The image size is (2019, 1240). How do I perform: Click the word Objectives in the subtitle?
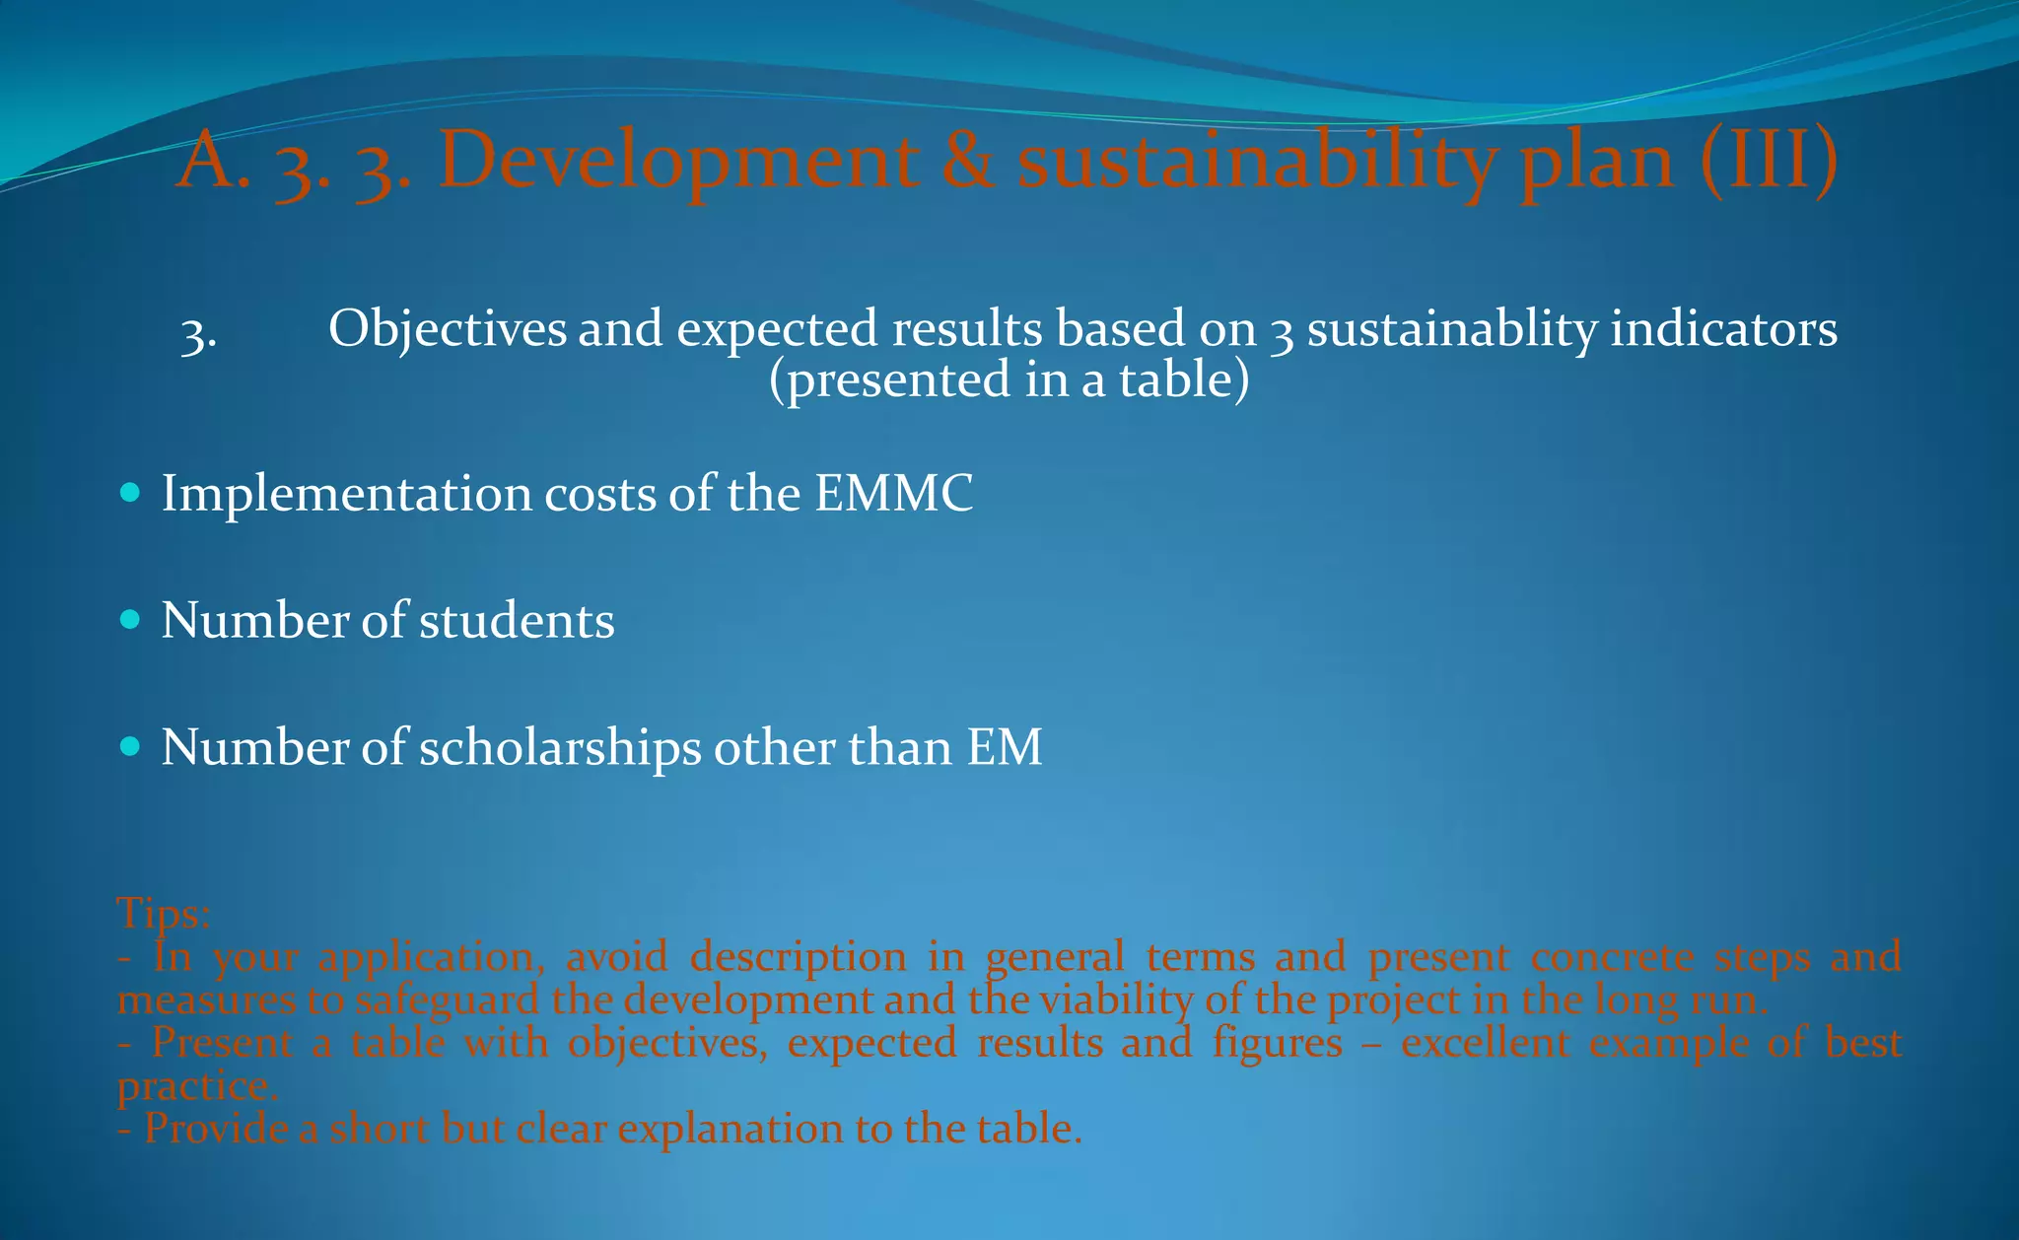(x=448, y=328)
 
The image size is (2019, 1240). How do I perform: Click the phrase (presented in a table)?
(x=1009, y=379)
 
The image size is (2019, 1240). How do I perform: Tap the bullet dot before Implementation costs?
(x=129, y=492)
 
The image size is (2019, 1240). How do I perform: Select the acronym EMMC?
(x=893, y=493)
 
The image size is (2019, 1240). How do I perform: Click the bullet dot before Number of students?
(x=129, y=619)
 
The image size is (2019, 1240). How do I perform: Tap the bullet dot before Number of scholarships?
(x=129, y=746)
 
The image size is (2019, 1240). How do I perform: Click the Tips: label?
(x=164, y=914)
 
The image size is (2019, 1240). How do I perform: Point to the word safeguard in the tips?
(x=447, y=1000)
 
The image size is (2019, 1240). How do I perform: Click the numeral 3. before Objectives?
(x=199, y=335)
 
